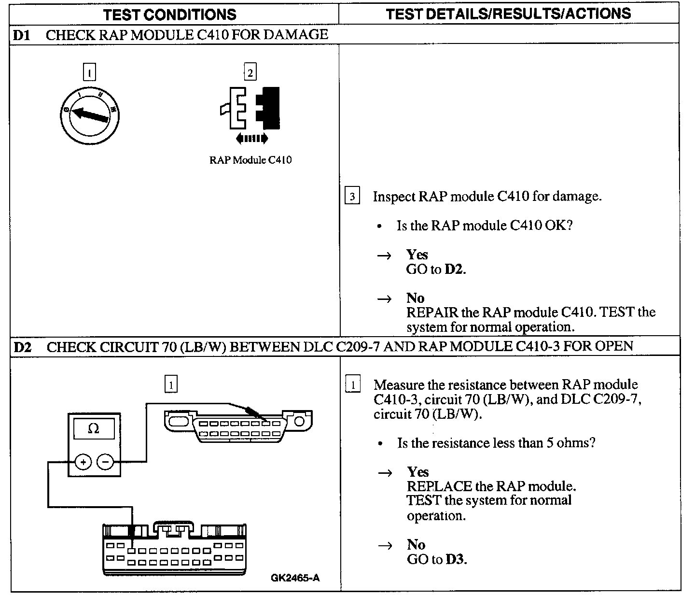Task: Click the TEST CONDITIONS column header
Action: (170, 14)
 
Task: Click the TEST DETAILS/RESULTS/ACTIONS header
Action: (508, 14)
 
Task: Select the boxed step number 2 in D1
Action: (250, 72)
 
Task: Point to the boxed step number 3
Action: (352, 197)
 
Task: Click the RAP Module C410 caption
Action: (250, 160)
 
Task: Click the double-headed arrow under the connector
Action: (251, 139)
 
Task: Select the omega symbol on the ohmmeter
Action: (94, 428)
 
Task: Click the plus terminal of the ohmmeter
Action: (83, 462)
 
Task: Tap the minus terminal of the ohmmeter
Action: (105, 462)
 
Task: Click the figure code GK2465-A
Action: (295, 578)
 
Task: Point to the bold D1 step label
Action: (21, 35)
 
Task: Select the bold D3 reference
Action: (455, 560)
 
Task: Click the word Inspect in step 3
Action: (394, 197)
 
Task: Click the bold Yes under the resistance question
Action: (417, 471)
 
